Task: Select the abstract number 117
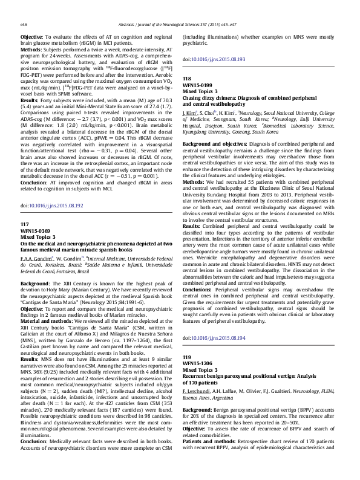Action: [25, 207]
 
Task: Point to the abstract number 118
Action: [187, 79]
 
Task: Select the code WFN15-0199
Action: [198, 85]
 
